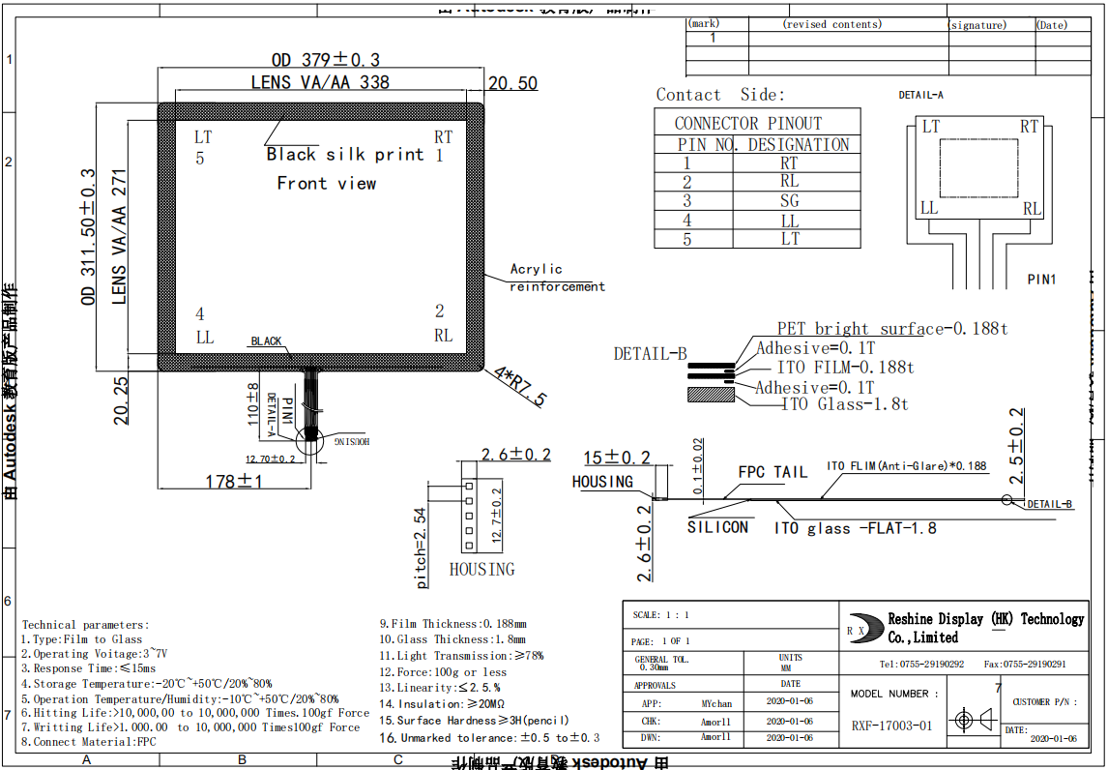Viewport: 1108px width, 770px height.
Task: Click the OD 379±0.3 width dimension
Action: [326, 59]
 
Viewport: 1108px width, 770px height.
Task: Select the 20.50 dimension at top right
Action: [512, 84]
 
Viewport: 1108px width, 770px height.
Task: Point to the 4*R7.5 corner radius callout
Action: [520, 386]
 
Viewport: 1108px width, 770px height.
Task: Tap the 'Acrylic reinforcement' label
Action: [556, 278]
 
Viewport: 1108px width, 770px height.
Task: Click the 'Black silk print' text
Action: [345, 155]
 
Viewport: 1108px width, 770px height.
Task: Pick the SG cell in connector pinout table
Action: [790, 200]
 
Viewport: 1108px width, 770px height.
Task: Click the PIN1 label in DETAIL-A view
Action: [1041, 280]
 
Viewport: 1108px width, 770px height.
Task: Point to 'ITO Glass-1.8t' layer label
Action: [845, 404]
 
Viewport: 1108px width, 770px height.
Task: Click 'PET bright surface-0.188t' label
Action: [891, 329]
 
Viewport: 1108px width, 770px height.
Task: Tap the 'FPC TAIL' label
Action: [773, 472]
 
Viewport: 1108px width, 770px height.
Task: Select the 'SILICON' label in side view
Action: [717, 527]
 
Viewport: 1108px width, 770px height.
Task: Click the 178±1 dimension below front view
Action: [234, 481]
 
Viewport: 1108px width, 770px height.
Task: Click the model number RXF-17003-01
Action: [891, 726]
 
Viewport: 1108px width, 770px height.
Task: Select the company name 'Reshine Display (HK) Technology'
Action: [985, 619]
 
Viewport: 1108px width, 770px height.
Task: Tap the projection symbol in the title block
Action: [971, 721]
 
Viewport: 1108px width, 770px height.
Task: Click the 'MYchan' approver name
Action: [716, 704]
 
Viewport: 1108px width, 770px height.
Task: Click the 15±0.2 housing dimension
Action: [616, 458]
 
